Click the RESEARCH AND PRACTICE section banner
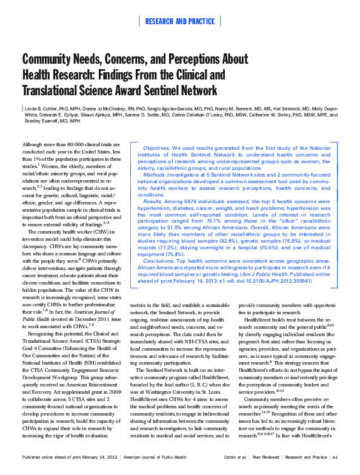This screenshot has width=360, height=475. [x=179, y=22]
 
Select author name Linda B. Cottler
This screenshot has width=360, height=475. [x=48, y=107]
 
